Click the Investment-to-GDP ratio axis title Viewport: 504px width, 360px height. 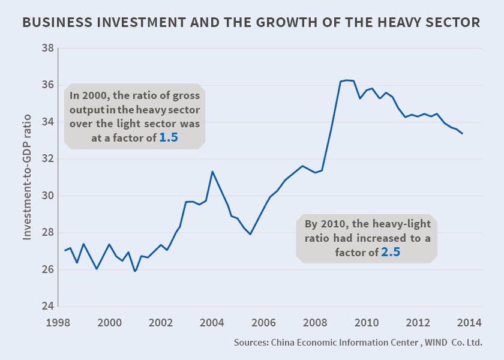pyautogui.click(x=28, y=178)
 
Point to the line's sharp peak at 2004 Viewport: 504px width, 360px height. pyautogui.click(x=212, y=172)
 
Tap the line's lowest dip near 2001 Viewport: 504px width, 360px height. pyautogui.click(x=135, y=271)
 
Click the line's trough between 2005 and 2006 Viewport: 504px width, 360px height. pyautogui.click(x=250, y=234)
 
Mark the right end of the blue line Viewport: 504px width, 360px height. pyautogui.click(x=462, y=133)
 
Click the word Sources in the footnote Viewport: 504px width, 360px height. pyautogui.click(x=250, y=343)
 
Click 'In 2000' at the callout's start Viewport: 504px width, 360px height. pyautogui.click(x=86, y=95)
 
